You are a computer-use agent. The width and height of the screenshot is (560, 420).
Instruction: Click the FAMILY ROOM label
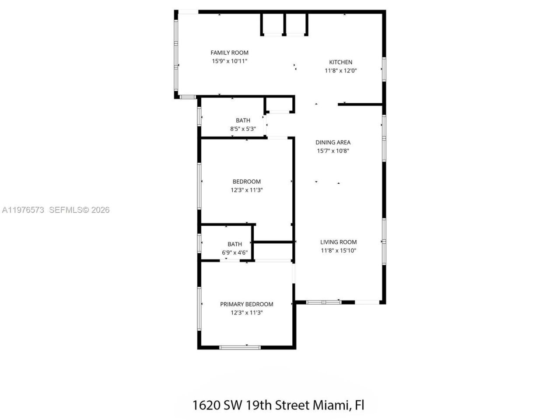point(229,52)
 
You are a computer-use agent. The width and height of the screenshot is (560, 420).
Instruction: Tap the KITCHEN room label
point(340,62)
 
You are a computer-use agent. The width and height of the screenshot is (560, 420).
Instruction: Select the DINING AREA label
point(333,142)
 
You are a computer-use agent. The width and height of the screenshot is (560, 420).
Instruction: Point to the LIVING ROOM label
point(338,242)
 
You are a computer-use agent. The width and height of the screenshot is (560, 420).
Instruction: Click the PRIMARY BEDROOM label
point(246,304)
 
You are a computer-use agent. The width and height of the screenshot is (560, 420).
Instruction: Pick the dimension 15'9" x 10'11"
point(229,61)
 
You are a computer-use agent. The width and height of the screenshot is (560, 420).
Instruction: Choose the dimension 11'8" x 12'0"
point(340,70)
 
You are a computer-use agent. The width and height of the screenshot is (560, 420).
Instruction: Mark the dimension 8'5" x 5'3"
point(243,129)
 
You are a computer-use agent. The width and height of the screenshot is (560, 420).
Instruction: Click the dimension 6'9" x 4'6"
point(234,252)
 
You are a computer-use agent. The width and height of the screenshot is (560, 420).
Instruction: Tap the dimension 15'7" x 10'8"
point(333,151)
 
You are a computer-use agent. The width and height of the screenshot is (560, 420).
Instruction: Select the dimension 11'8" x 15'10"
point(338,251)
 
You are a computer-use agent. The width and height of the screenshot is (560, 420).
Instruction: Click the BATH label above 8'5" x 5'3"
point(243,120)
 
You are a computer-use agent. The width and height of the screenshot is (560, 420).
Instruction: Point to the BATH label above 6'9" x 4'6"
point(234,244)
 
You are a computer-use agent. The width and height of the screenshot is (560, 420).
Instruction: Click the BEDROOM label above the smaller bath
point(246,182)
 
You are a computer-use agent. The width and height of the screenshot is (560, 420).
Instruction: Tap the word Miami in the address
point(330,405)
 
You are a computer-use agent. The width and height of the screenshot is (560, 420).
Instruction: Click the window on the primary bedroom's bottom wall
point(240,347)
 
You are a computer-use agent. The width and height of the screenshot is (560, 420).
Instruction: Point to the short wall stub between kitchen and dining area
point(360,105)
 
